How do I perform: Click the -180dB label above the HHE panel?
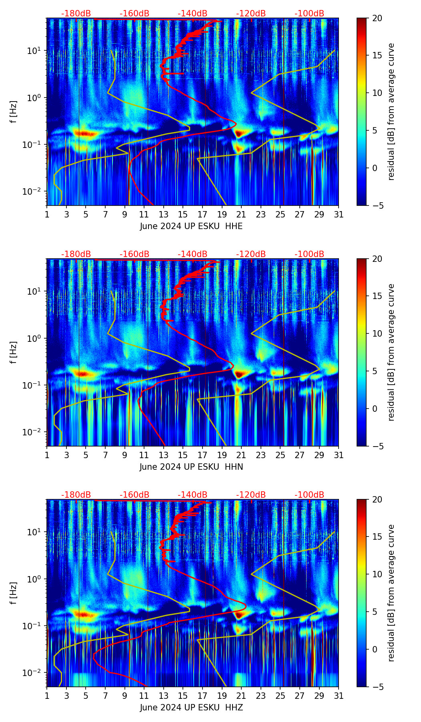coord(76,14)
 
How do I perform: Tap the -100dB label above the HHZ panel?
coord(309,495)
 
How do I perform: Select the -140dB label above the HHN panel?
coord(192,254)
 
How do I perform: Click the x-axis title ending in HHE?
coord(191,226)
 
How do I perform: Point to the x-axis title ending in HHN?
coord(191,467)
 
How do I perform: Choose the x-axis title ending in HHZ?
coord(191,707)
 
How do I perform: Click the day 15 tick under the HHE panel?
coord(183,214)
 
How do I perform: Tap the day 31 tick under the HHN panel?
coord(339,455)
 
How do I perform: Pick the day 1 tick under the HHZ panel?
coord(47,696)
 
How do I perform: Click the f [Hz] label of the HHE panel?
coord(14,112)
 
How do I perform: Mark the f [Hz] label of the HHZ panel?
coord(14,593)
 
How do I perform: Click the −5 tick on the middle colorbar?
coord(376,446)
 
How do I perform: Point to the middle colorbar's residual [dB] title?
coord(391,352)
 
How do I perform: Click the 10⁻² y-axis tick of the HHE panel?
coord(34,191)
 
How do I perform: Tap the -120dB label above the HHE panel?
coord(251,14)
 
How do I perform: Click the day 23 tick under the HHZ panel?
coord(261,696)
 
